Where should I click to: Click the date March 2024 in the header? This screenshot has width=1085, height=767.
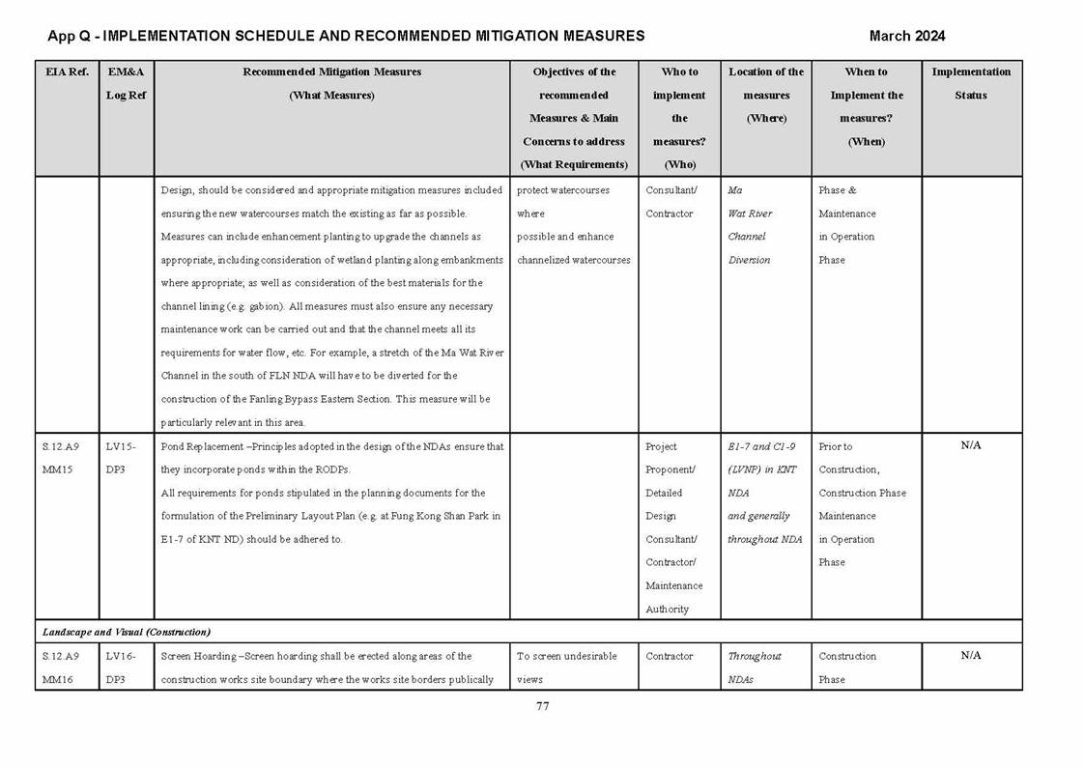[x=906, y=36]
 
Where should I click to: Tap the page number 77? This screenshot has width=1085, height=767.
[x=542, y=706]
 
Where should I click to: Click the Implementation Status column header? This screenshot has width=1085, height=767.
[x=970, y=83]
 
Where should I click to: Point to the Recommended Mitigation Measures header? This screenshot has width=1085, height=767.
[x=331, y=72]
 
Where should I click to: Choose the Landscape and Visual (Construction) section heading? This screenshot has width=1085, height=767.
[x=126, y=632]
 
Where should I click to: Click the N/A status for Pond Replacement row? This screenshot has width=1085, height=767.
[x=970, y=445]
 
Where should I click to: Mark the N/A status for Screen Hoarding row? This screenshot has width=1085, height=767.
[x=970, y=655]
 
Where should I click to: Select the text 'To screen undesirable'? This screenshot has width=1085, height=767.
[x=566, y=656]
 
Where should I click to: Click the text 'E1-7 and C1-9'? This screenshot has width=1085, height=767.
[x=761, y=446]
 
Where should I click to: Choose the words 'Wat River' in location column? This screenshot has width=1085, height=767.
[x=750, y=213]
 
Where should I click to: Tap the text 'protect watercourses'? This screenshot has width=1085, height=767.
[x=563, y=190]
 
